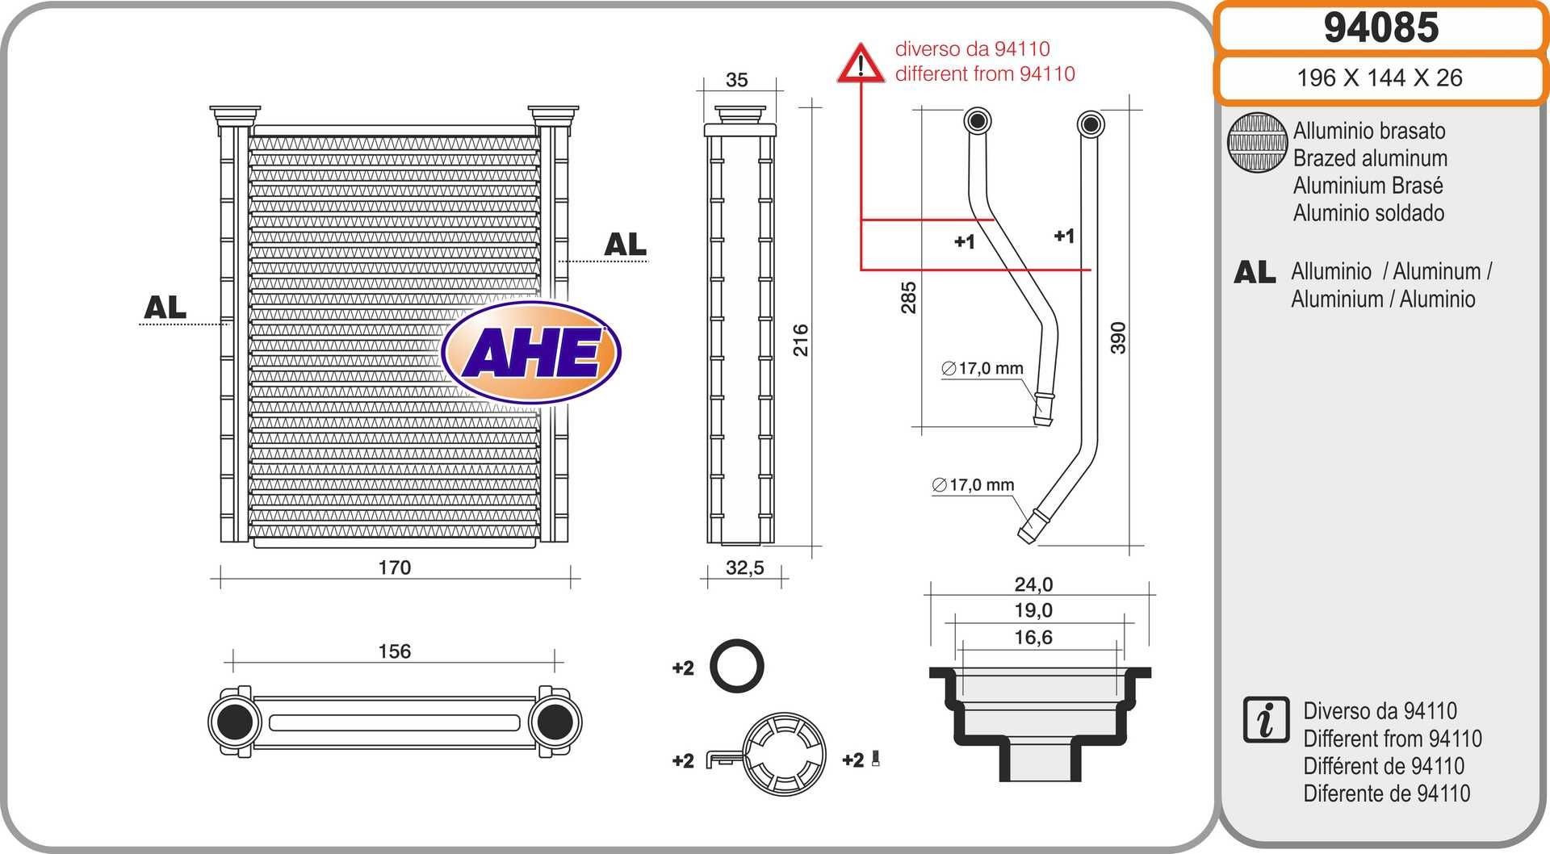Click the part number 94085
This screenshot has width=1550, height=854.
(x=1380, y=27)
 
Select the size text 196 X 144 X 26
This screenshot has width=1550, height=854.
(x=1379, y=78)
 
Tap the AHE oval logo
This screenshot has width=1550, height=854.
(x=531, y=353)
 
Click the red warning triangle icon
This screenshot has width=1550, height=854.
(x=861, y=64)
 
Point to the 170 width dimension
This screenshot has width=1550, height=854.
(x=394, y=567)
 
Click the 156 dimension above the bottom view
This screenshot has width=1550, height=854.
(x=394, y=651)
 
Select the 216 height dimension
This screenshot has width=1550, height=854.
(x=800, y=340)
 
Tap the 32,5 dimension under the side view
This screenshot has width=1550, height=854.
(x=744, y=567)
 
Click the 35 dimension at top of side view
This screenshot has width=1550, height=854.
(x=736, y=80)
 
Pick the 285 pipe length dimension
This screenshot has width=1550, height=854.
(x=909, y=297)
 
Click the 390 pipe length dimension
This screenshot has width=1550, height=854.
(x=1117, y=337)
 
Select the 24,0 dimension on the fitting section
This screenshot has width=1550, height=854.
(x=1033, y=584)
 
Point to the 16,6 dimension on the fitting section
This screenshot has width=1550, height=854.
(x=1033, y=638)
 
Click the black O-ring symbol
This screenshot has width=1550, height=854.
(x=736, y=667)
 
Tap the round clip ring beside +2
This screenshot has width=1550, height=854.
(x=784, y=754)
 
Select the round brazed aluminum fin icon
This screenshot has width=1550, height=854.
(x=1257, y=142)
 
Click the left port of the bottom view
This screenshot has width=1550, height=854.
(x=235, y=722)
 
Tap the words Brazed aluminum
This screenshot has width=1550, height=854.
(x=1370, y=158)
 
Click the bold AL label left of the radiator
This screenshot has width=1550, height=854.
(x=165, y=308)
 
